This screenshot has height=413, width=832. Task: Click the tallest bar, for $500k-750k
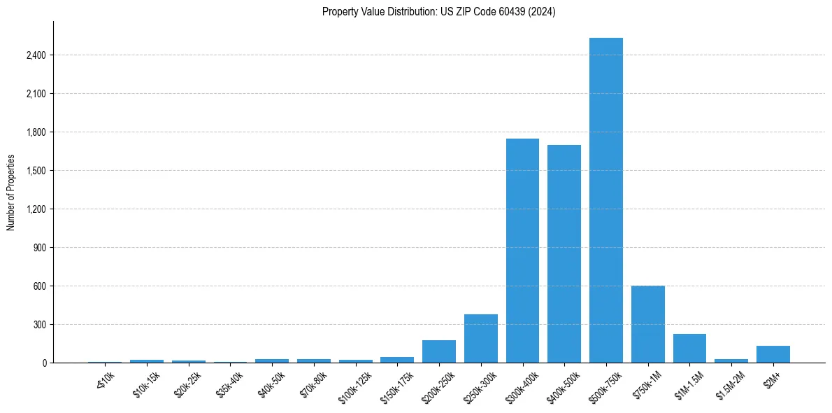pyautogui.click(x=605, y=200)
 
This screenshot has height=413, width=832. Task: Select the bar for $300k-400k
pyautogui.click(x=522, y=251)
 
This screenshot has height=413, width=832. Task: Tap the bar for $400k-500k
pyautogui.click(x=564, y=253)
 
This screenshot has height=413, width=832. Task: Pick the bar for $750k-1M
pyautogui.click(x=647, y=324)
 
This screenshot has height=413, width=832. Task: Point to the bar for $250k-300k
pyautogui.click(x=481, y=338)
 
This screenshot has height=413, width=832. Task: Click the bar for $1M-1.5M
pyautogui.click(x=689, y=348)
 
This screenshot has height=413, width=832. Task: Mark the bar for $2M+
pyautogui.click(x=773, y=354)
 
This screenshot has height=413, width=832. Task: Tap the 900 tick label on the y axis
pyautogui.click(x=40, y=248)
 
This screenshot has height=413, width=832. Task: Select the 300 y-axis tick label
pyautogui.click(x=40, y=325)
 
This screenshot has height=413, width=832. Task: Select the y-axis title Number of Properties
pyautogui.click(x=11, y=192)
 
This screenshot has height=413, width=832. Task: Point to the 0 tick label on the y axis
pyautogui.click(x=44, y=363)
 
